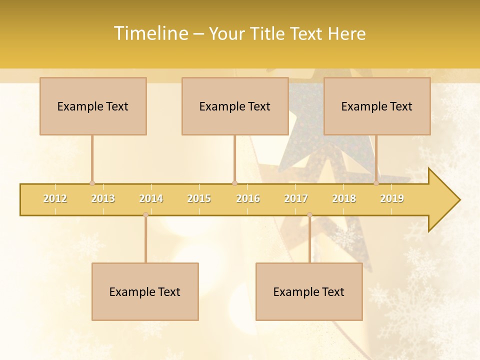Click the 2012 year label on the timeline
(x=55, y=198)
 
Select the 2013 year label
(x=103, y=198)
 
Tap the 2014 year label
(x=151, y=198)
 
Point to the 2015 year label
(x=199, y=198)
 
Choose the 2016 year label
(x=248, y=198)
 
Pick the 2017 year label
(x=296, y=198)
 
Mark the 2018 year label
(x=344, y=198)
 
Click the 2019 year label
(x=392, y=198)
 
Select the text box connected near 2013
(x=93, y=106)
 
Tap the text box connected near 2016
(x=235, y=106)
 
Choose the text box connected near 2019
(x=377, y=106)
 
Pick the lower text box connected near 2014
(x=145, y=291)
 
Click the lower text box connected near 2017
(x=309, y=291)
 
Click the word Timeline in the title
(x=150, y=33)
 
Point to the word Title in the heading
(x=270, y=33)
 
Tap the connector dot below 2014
(x=145, y=214)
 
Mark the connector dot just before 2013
(x=92, y=183)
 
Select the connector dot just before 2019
(x=376, y=183)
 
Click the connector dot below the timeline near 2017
(x=309, y=214)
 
